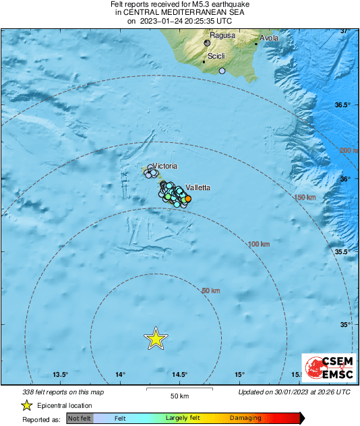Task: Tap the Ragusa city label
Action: coord(222,35)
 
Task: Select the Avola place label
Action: coord(269,38)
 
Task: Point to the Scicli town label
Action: coord(216,57)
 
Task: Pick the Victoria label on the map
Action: coord(165,166)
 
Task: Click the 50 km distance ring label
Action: coord(211,291)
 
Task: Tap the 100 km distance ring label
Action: coord(259,244)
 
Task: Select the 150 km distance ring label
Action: coord(305,197)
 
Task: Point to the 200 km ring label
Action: coord(349,150)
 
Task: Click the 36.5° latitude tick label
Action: coord(345,105)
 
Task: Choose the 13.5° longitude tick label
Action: coord(61,375)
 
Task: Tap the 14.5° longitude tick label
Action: coord(179,375)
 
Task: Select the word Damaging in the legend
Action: coord(245,418)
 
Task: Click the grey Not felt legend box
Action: coord(80,418)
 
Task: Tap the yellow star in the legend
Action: coord(27,405)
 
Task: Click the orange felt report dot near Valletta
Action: coord(188,198)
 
